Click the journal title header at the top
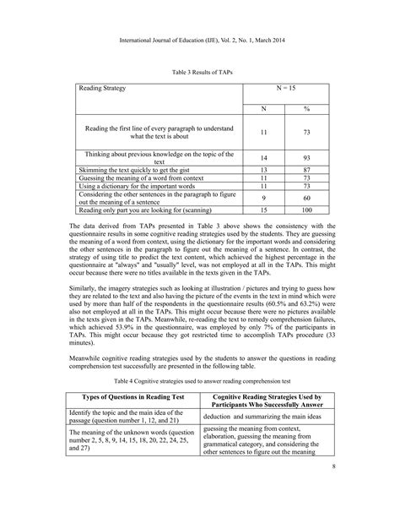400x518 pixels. (200, 39)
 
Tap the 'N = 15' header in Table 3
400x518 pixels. (284, 87)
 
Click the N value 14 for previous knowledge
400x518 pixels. (263, 158)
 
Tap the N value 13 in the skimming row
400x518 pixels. (263, 170)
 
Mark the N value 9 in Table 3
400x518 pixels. (263, 197)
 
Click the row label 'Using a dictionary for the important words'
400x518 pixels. (135, 185)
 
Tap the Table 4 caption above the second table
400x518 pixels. (200, 381)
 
